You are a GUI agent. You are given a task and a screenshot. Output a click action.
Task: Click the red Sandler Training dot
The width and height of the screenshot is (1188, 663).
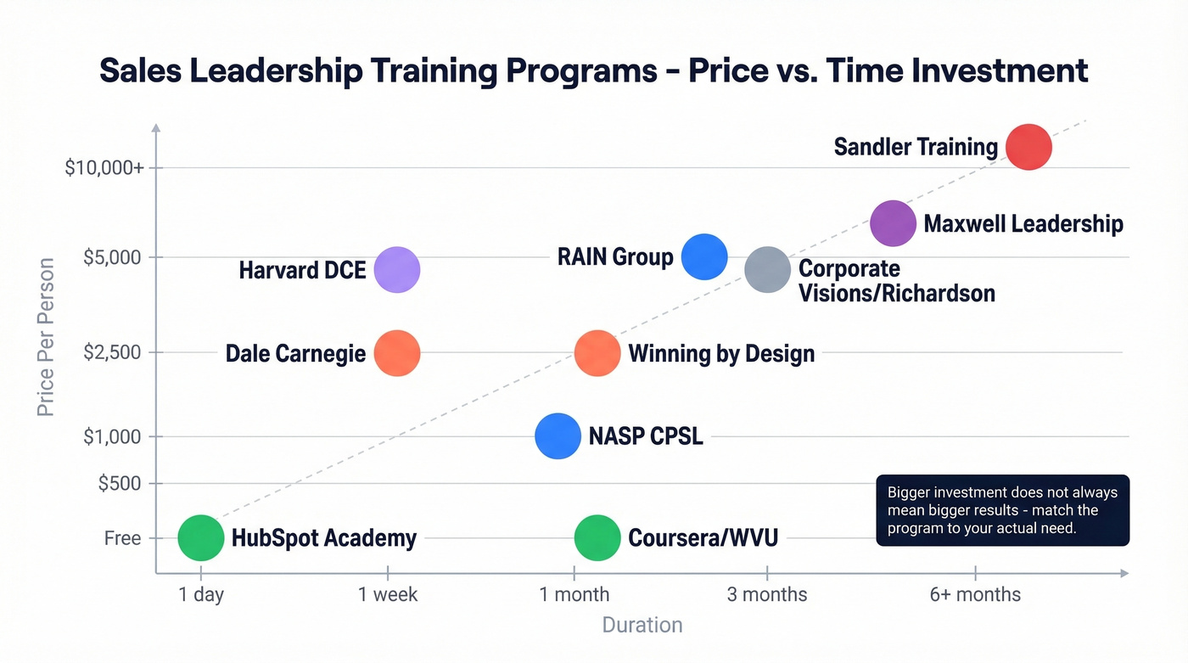pos(1028,147)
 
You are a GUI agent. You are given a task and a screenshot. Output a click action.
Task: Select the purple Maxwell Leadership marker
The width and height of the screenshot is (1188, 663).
pos(893,223)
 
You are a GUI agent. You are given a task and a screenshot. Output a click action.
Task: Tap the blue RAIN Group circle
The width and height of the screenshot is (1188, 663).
pos(704,256)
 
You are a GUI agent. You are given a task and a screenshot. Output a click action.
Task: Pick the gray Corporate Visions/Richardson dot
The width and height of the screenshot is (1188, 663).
pos(767,270)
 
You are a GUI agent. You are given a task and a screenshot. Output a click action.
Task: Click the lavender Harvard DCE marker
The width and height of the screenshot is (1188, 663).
pos(397,270)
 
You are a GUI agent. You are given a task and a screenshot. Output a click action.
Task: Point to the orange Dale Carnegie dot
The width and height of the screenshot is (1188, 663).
pos(397,353)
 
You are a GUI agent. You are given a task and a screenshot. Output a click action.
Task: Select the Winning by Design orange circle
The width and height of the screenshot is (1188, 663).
pos(597,353)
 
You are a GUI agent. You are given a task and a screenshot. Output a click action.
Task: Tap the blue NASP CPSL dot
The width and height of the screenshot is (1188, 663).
pos(558,436)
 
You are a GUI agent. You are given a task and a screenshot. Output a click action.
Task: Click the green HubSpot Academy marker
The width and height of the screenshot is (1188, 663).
pos(201,537)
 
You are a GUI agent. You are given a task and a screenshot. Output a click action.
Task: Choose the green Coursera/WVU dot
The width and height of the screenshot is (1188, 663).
pos(597,537)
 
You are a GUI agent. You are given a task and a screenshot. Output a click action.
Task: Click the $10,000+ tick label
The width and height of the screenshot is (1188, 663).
pos(104,168)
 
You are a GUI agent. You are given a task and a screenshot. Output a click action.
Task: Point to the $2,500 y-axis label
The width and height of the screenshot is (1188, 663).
pos(112,352)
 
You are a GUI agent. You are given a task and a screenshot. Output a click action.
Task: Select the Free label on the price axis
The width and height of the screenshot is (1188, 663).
pos(123,538)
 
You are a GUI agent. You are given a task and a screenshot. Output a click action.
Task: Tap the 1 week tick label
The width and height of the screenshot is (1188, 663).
pos(388,594)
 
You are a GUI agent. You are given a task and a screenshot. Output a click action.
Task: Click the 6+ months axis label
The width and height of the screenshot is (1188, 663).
pos(975,594)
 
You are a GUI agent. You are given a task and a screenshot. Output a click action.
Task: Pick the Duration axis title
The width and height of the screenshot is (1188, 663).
pos(642,626)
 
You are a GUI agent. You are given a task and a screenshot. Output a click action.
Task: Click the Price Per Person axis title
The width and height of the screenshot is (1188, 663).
pos(46,337)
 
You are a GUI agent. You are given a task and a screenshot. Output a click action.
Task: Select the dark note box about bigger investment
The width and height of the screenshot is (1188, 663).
pos(1002,510)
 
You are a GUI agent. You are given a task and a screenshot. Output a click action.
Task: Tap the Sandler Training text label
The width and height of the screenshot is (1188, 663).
pos(916,147)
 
